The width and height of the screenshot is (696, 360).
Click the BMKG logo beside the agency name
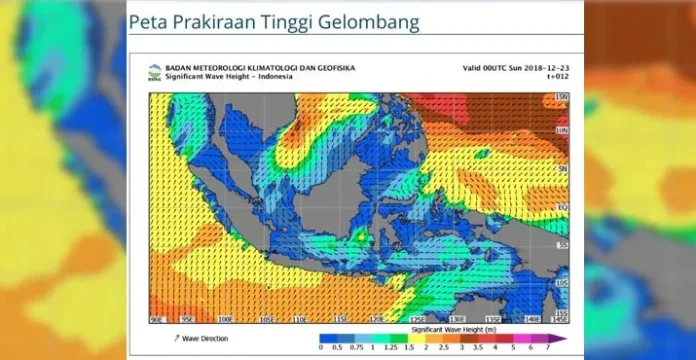coord(154,71)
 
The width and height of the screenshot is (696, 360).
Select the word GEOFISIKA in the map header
coord(331,68)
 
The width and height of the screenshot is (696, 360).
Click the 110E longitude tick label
coord(300,320)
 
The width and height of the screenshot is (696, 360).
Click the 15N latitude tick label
coord(562,96)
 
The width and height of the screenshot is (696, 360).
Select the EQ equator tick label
coord(562,207)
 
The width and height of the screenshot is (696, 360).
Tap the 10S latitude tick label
coord(562,282)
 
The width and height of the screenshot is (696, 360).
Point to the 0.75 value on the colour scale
coord(358,348)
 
